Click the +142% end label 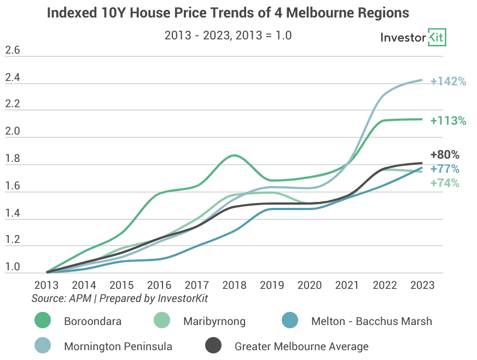click(x=448, y=82)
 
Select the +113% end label click(x=448, y=121)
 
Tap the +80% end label click(x=445, y=155)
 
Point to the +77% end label click(x=445, y=169)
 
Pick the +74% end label click(x=445, y=183)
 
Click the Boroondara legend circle click(x=43, y=321)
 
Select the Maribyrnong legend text click(x=214, y=321)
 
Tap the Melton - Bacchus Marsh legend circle click(x=289, y=321)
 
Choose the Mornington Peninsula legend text click(x=118, y=346)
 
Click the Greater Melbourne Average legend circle click(x=213, y=345)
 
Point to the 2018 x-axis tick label click(x=234, y=285)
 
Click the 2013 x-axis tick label click(x=46, y=285)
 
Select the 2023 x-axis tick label click(x=422, y=285)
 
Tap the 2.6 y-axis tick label click(x=13, y=50)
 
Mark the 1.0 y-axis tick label click(x=13, y=267)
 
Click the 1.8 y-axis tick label click(x=13, y=159)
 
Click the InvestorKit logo click(x=413, y=37)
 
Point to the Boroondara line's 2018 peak click(x=234, y=155)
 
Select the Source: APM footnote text click(x=61, y=298)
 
